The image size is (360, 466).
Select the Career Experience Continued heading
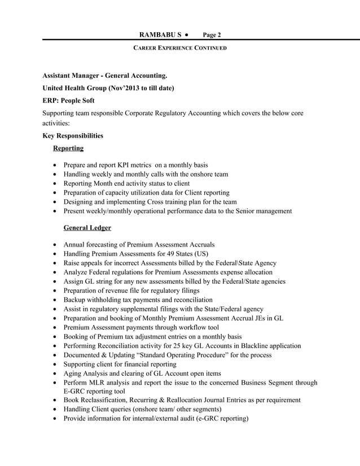tap(179, 48)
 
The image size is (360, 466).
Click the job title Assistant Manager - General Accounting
tap(104, 76)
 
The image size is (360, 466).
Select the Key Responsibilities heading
tap(73, 136)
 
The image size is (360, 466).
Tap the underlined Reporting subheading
tap(68, 148)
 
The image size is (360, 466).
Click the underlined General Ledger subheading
tap(87, 228)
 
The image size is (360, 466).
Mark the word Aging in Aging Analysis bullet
tap(73, 373)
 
